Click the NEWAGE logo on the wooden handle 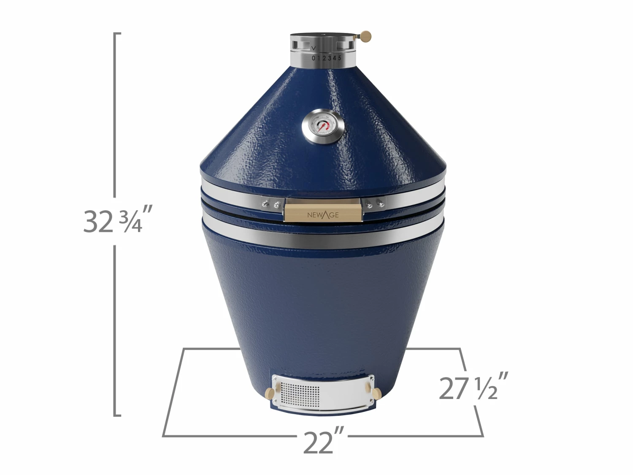(323, 215)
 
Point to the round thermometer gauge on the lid (324, 127)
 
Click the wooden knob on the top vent (366, 37)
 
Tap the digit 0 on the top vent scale (314, 58)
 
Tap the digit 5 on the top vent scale (340, 57)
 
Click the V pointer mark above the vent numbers (314, 49)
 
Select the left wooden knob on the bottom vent (268, 394)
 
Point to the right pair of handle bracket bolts (375, 204)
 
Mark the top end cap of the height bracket (118, 33)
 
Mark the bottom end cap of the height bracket (118, 415)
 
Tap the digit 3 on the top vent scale (330, 58)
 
